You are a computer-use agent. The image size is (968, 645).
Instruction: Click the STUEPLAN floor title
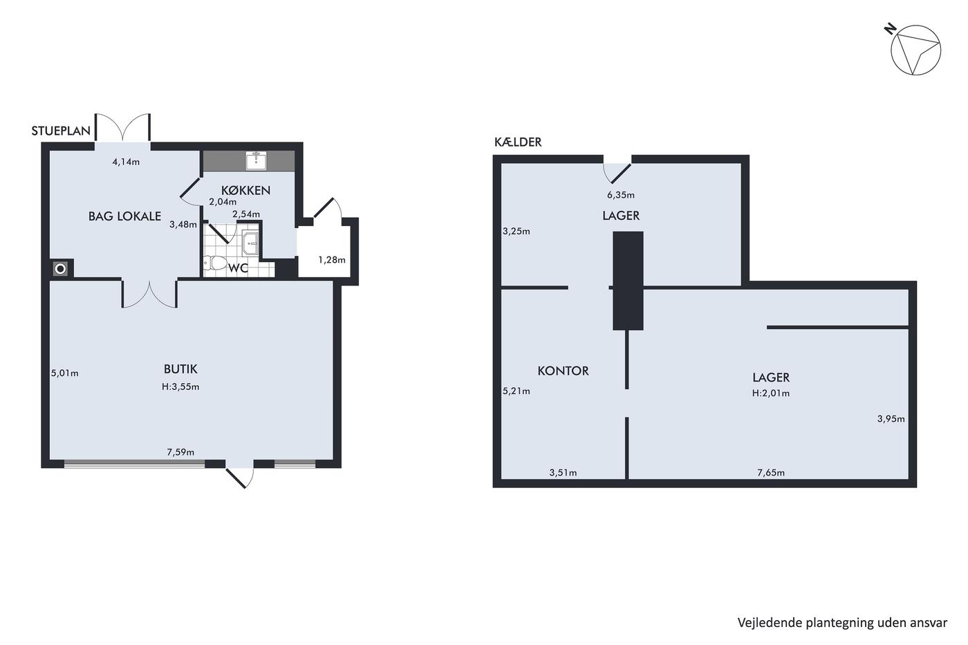pyautogui.click(x=61, y=131)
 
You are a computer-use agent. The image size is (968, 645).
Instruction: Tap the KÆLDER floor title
pyautogui.click(x=518, y=142)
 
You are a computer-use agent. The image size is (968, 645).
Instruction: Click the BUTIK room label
pyautogui.click(x=180, y=369)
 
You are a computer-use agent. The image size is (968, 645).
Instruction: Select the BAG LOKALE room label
pyautogui.click(x=124, y=216)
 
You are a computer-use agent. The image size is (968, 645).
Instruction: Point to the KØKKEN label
pyautogui.click(x=245, y=190)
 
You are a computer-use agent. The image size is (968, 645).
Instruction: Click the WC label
pyautogui.click(x=238, y=268)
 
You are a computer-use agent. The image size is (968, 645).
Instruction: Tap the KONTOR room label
pyautogui.click(x=563, y=371)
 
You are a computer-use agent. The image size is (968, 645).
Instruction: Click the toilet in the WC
pyautogui.click(x=216, y=262)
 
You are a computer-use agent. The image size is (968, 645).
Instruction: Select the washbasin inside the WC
pyautogui.click(x=250, y=243)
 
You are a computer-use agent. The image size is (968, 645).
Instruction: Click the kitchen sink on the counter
pyautogui.click(x=257, y=160)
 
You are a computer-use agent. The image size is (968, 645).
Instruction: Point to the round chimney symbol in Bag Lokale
pyautogui.click(x=61, y=269)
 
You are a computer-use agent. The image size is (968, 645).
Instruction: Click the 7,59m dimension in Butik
pyautogui.click(x=180, y=452)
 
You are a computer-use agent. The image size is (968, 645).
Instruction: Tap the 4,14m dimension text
pyautogui.click(x=126, y=162)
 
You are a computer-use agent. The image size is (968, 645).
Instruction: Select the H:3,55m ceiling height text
pyautogui.click(x=180, y=386)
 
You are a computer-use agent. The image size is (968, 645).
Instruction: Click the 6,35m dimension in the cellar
pyautogui.click(x=621, y=195)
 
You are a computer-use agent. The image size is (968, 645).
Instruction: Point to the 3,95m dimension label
pyautogui.click(x=891, y=419)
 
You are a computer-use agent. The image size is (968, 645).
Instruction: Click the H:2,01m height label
pyautogui.click(x=771, y=393)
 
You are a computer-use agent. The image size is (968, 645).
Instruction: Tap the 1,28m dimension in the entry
pyautogui.click(x=332, y=260)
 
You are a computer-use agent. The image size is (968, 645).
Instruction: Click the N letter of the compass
pyautogui.click(x=890, y=29)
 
